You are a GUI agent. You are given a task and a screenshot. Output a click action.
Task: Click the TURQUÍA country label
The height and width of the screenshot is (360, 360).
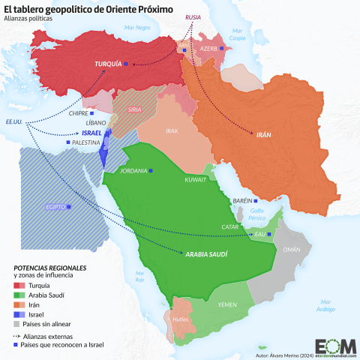(108, 64)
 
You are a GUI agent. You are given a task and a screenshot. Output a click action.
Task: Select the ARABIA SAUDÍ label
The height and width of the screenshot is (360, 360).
(208, 254)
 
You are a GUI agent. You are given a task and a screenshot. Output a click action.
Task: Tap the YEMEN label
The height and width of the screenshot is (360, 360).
(227, 305)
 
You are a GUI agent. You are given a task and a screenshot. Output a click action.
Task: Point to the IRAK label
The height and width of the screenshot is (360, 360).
(172, 130)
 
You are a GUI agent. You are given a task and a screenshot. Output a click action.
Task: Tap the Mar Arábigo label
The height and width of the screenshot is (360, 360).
(324, 304)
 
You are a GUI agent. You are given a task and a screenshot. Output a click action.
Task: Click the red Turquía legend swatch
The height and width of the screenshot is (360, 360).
(20, 286)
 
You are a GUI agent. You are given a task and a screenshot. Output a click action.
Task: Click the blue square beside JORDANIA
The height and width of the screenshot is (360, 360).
(151, 171)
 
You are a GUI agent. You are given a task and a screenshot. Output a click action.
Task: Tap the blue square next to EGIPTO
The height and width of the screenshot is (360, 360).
(70, 206)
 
